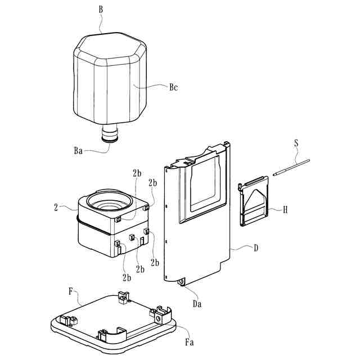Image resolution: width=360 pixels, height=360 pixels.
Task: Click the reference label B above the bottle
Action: click(x=101, y=10)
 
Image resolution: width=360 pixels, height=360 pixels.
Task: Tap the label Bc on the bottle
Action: click(x=173, y=88)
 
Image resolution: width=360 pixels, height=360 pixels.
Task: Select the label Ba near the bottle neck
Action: click(x=79, y=150)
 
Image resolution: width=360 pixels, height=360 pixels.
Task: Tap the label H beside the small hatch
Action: click(x=285, y=210)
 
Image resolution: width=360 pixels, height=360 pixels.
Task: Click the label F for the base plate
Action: click(x=70, y=291)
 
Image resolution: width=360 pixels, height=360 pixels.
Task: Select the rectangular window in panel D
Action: click(x=206, y=183)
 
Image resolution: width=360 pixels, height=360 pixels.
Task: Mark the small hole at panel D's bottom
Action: click(x=181, y=281)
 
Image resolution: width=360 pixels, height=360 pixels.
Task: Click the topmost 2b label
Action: click(x=137, y=173)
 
